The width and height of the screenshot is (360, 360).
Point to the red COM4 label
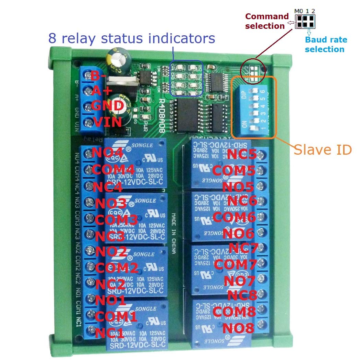coord(113,169)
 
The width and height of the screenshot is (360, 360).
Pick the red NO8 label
coord(238,328)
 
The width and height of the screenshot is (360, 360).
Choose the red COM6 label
coord(234,217)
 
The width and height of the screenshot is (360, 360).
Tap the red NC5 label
coord(242,155)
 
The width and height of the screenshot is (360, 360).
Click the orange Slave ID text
coord(323,149)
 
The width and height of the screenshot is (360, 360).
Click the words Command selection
coord(267,21)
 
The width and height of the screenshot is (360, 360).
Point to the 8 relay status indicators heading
coord(132,38)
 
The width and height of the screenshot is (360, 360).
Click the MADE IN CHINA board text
coord(174,233)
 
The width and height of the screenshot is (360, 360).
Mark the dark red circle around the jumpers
coord(254,70)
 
